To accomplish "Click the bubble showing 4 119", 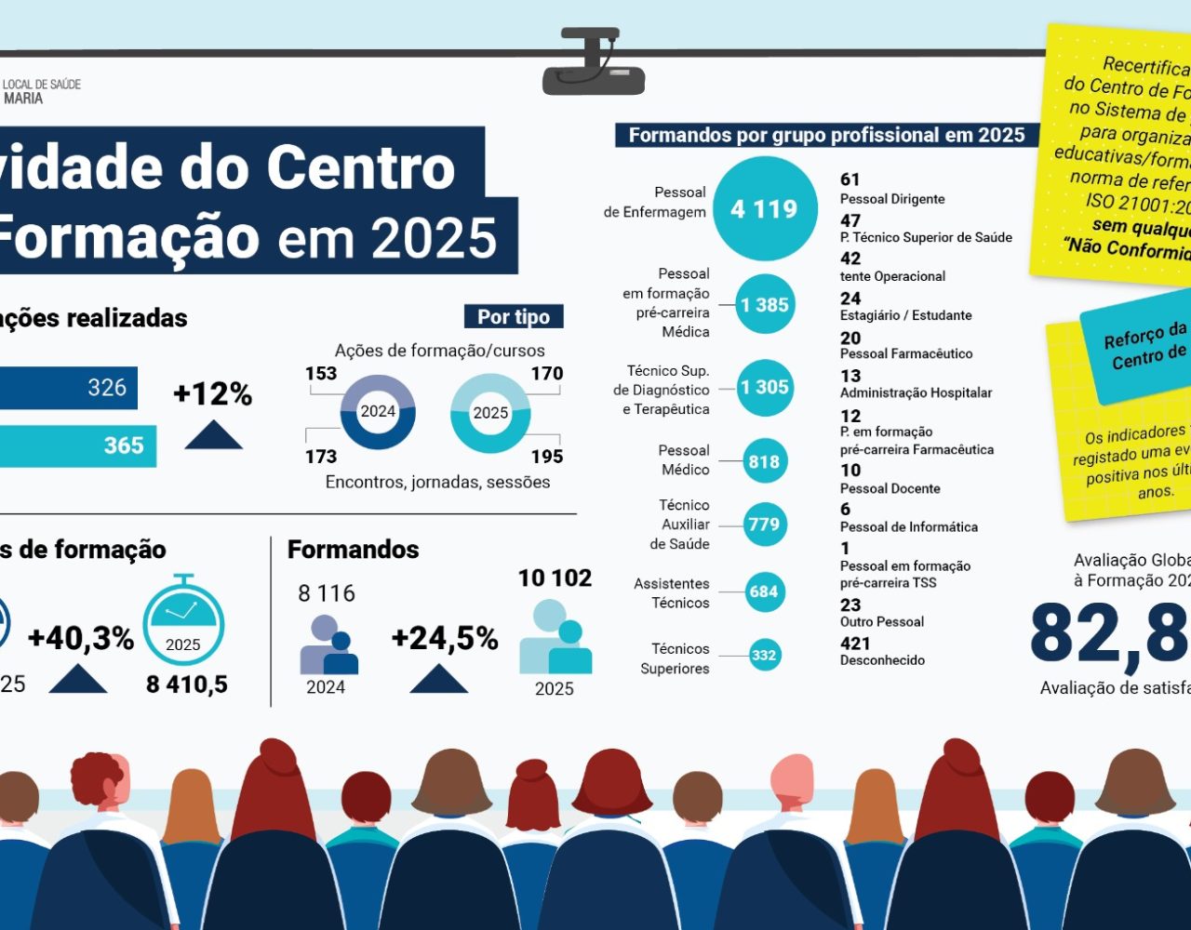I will click(764, 209).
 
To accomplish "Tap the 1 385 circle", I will click(765, 304).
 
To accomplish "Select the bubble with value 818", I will click(764, 461).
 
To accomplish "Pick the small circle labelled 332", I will click(764, 655).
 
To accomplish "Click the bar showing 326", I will click(69, 388).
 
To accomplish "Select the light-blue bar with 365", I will click(78, 445).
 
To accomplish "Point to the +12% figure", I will click(212, 394).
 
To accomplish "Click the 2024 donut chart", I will click(378, 412).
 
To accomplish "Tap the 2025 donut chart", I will click(490, 413).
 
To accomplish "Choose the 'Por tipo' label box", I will click(514, 317).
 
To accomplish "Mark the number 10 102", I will click(555, 578).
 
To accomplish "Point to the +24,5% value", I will click(444, 639).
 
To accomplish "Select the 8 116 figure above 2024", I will click(327, 593).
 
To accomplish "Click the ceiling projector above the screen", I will click(593, 63).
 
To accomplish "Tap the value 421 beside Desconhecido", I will click(855, 644).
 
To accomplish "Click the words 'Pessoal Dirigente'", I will click(892, 199).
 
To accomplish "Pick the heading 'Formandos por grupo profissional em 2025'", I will click(826, 135).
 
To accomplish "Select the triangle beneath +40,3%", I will click(78, 679).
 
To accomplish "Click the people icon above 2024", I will click(328, 645).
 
